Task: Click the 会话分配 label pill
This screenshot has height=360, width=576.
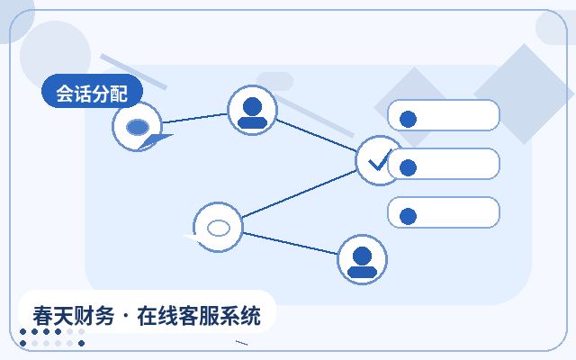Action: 92,91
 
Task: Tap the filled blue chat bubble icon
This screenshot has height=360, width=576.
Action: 138,127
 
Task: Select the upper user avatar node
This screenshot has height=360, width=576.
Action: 252,110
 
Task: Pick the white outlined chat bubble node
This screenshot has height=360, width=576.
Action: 218,227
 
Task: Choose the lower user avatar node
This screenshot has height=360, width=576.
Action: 362,259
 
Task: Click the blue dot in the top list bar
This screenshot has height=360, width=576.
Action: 408,119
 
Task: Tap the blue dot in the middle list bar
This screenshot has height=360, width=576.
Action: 408,168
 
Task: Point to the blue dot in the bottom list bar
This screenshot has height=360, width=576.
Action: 408,216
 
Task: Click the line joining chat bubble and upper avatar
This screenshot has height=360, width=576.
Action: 195,118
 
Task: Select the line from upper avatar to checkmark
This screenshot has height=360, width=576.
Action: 316,135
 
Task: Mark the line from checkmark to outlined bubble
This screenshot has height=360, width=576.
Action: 300,193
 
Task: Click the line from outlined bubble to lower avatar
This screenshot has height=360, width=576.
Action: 290,243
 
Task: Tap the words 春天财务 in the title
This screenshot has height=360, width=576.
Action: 74,316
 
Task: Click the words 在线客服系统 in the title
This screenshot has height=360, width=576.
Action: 199,316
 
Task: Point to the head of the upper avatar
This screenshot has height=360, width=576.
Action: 252,107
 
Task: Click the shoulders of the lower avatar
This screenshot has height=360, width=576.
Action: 362,272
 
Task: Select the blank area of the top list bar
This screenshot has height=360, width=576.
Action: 457,115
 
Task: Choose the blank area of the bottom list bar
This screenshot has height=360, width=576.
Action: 457,212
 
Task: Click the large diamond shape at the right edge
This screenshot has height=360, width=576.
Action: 524,94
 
